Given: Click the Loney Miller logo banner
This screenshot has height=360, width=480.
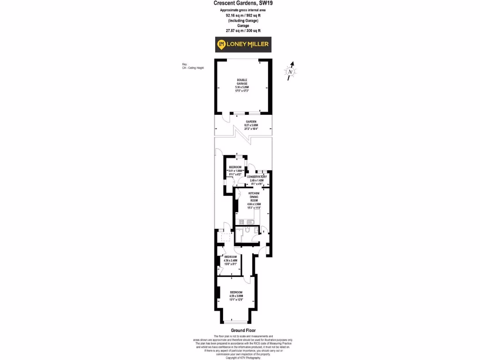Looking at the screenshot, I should point(243,45).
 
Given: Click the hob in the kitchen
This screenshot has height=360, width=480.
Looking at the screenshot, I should point(241,222).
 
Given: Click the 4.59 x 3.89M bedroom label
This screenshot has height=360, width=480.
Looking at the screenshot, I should point(236,294).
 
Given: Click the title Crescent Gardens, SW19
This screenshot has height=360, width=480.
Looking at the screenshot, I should point(240,3).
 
